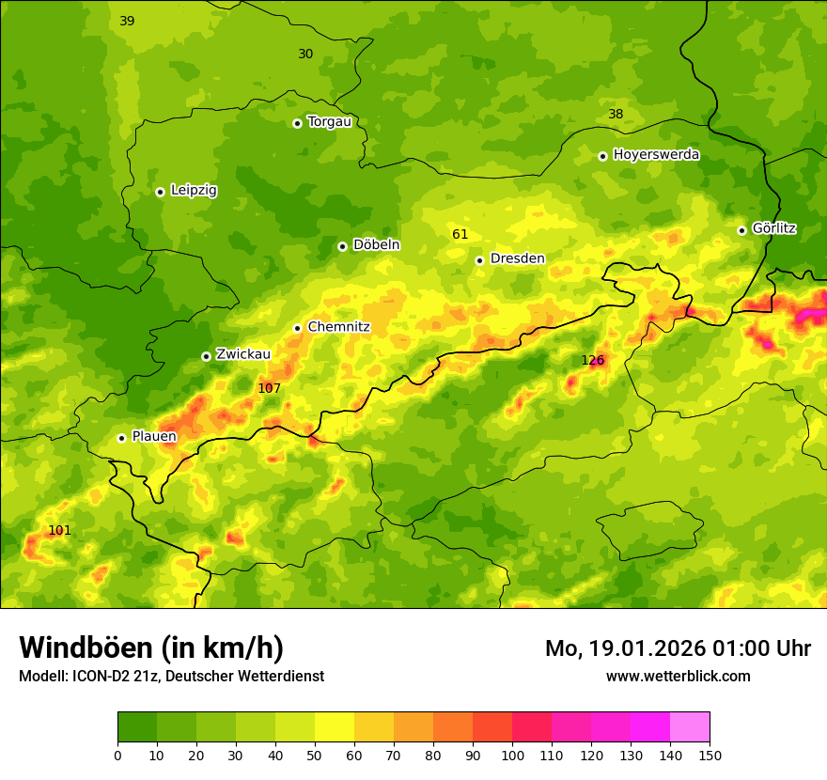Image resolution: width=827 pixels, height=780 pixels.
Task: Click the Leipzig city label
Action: [194, 191]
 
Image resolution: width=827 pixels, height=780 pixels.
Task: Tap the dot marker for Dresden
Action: [479, 260]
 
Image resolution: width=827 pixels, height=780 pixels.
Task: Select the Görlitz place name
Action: [774, 228]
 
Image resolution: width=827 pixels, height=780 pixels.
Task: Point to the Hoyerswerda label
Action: [656, 155]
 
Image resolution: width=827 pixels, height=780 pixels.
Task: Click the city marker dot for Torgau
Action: [297, 123]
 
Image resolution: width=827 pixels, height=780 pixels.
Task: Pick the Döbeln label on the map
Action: [376, 245]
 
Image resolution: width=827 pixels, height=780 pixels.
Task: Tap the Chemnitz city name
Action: [338, 327]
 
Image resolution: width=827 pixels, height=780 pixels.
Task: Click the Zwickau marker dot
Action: [206, 356]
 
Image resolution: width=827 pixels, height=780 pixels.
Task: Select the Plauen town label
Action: [154, 436]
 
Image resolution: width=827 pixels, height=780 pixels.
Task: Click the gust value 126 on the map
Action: [593, 360]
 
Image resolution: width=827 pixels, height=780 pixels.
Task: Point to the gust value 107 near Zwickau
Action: [270, 388]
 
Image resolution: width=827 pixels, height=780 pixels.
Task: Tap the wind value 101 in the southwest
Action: [59, 531]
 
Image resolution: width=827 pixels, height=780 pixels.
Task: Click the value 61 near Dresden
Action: [460, 234]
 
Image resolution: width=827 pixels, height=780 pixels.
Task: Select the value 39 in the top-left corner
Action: [127, 21]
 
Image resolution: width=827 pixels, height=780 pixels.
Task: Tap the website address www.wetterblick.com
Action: [678, 676]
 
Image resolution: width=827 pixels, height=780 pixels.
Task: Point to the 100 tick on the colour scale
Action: [512, 755]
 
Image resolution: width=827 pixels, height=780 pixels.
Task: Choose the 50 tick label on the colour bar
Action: [315, 755]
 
